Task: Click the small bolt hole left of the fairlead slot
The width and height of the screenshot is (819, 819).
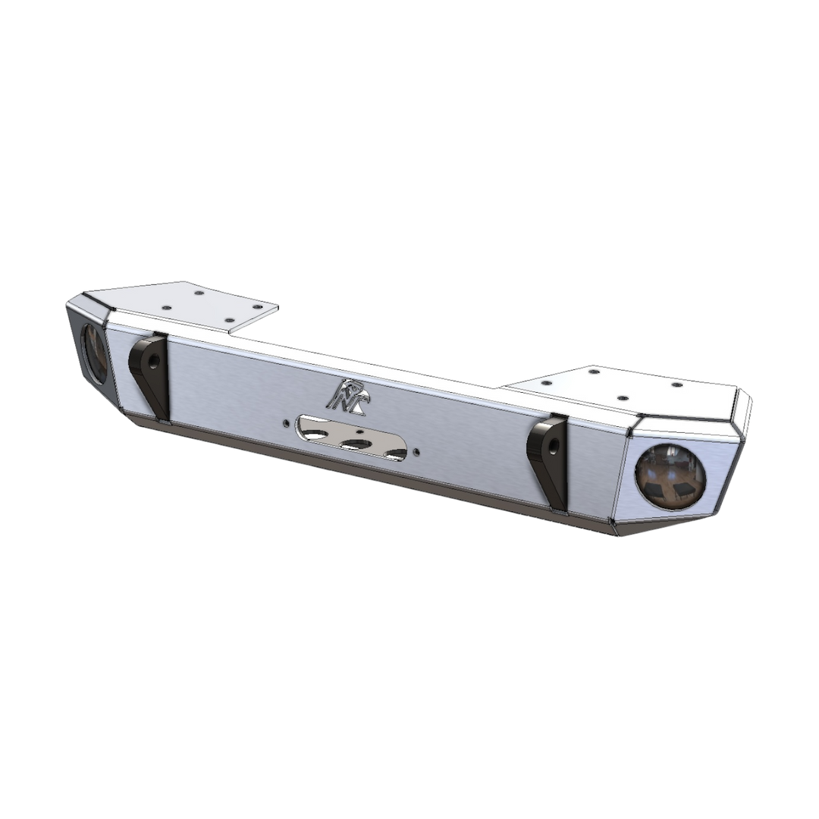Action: point(285,425)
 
